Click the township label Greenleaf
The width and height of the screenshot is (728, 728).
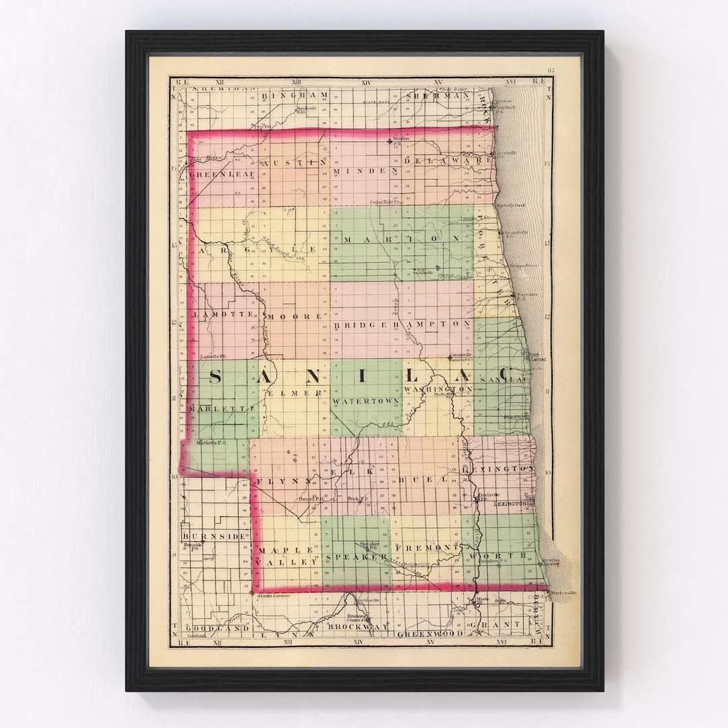(213, 175)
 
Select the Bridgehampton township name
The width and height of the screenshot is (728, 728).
(401, 324)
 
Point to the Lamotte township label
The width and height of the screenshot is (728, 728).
(222, 315)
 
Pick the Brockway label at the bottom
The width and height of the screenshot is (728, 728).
(359, 627)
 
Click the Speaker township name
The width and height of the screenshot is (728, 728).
(357, 557)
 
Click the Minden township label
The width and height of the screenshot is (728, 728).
(365, 171)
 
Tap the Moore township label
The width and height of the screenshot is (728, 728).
(293, 316)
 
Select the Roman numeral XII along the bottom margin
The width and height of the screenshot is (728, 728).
(218, 643)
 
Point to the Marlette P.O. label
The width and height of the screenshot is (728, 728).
(213, 443)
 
